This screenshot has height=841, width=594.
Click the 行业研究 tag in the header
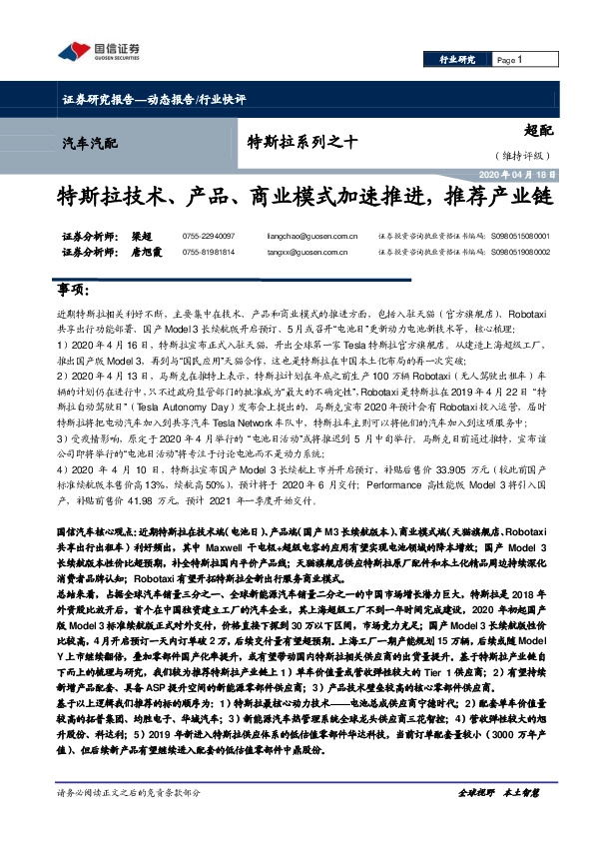[x=459, y=61]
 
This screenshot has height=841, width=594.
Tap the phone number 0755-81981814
[x=210, y=253]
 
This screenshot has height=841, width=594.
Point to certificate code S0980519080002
[x=520, y=253]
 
